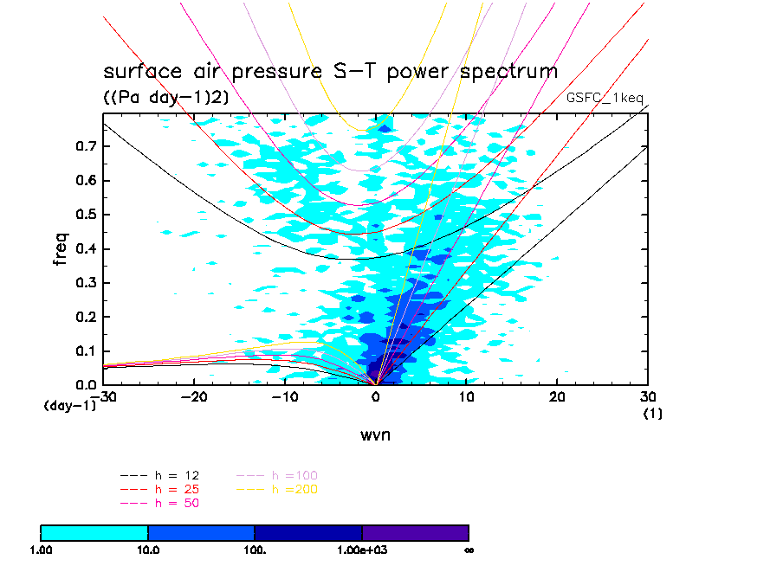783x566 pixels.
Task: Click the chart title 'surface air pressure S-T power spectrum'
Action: [x=330, y=71]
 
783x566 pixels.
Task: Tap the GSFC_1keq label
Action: [x=605, y=98]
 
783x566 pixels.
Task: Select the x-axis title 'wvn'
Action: [x=375, y=434]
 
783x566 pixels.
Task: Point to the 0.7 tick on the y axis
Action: [x=85, y=147]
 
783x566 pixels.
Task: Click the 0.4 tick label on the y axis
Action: [x=85, y=249]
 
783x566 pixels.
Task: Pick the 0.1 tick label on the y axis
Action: [x=85, y=351]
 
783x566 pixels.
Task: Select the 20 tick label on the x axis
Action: [x=557, y=396]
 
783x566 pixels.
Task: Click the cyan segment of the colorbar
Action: [x=94, y=532]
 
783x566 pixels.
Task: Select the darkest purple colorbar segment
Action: [x=415, y=532]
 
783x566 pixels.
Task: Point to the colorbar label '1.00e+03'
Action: [x=362, y=550]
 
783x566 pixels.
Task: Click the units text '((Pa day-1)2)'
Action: [x=166, y=98]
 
